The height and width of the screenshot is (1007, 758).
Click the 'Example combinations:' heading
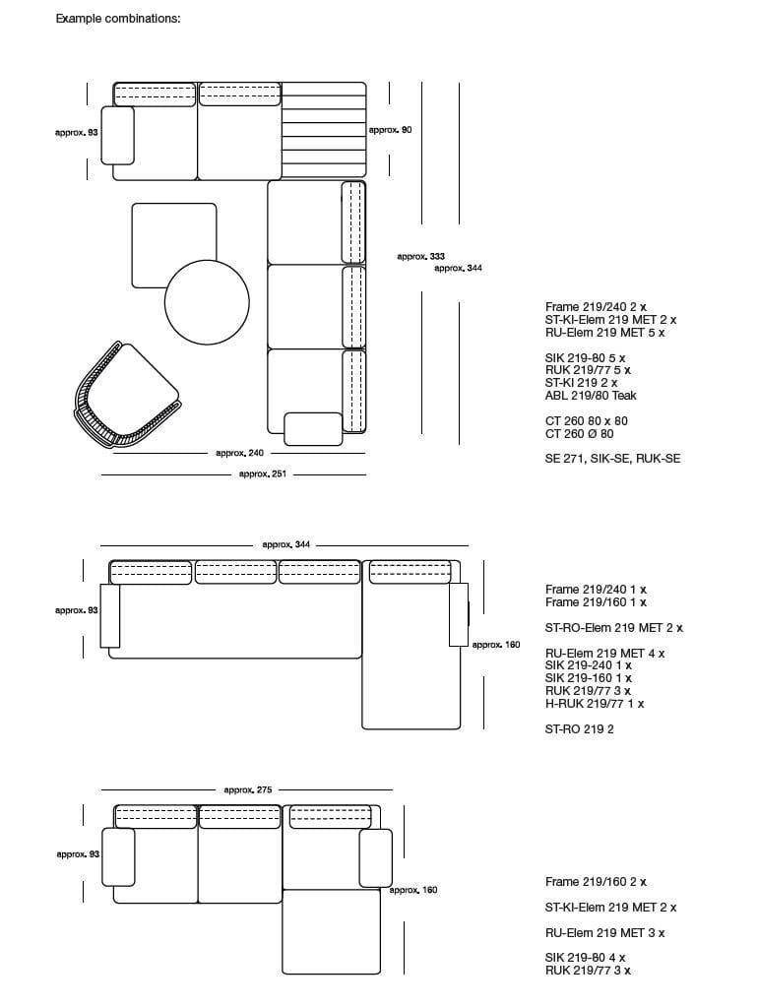click(x=118, y=19)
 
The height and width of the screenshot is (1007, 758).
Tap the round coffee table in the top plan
click(x=207, y=301)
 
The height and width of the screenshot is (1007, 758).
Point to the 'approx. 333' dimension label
click(x=420, y=256)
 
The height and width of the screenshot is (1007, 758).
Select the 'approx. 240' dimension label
click(x=239, y=453)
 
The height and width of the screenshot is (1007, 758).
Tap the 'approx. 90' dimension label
click(x=390, y=130)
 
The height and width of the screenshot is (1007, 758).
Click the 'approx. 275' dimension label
click(x=247, y=789)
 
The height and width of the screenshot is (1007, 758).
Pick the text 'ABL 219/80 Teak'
click(x=591, y=396)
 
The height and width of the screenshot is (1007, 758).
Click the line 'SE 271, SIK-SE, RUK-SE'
click(x=612, y=459)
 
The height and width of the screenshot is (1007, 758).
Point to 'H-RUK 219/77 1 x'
click(x=595, y=704)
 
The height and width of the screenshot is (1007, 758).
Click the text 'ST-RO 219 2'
click(x=579, y=729)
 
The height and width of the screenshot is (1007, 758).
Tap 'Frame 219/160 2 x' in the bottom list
click(x=596, y=882)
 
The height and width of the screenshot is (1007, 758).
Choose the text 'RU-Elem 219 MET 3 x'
click(x=604, y=933)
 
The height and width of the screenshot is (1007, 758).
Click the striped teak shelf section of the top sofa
click(x=324, y=131)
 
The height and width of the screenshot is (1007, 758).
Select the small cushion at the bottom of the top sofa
click(x=312, y=429)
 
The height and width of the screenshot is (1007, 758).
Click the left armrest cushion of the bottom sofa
click(x=118, y=856)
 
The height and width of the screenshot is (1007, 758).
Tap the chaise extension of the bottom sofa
click(x=332, y=932)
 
